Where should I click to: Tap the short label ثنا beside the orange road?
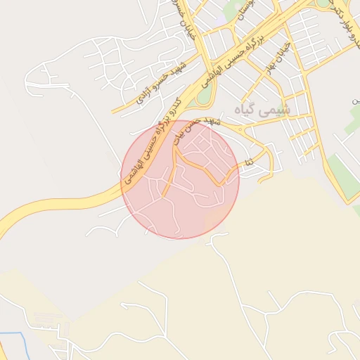tap(247, 163)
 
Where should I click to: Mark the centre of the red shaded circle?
tap(180, 179)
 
